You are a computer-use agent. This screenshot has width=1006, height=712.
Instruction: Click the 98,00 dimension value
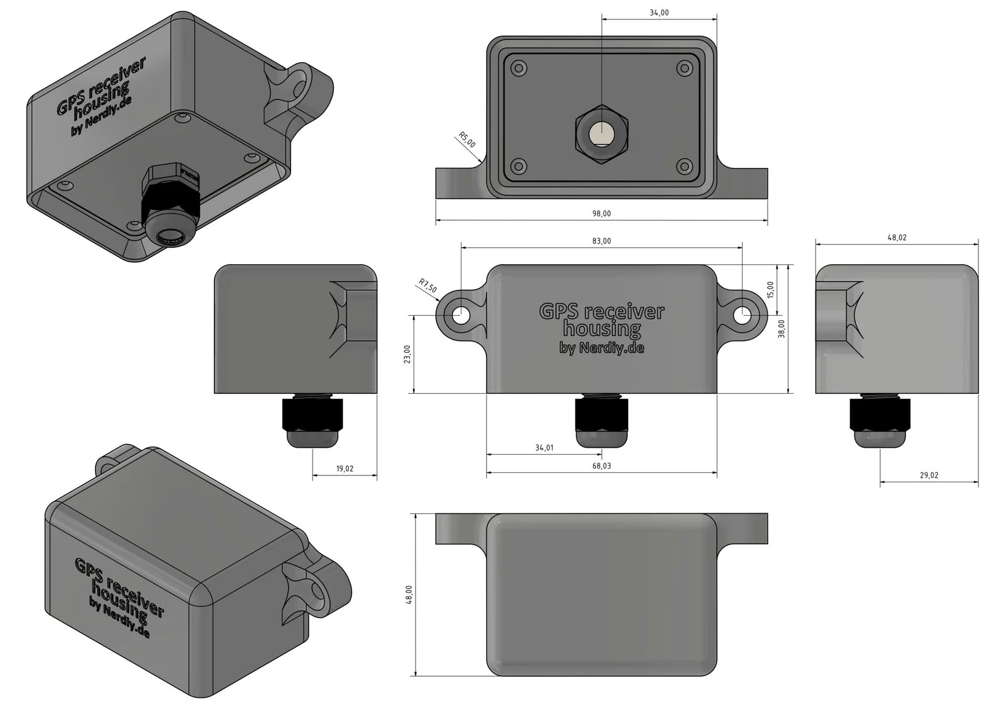click(x=601, y=214)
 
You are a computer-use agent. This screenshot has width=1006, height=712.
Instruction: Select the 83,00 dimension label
click(x=601, y=241)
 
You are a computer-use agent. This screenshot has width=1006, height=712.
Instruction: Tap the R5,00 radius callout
click(x=467, y=140)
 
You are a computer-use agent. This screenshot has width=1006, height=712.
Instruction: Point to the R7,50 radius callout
click(x=428, y=286)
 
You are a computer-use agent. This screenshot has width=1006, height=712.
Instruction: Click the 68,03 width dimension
click(x=601, y=466)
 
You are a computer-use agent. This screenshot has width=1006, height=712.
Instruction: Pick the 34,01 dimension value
click(x=544, y=448)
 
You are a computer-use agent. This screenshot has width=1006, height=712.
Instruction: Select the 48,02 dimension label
click(x=897, y=238)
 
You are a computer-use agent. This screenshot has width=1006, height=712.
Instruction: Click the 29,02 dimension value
click(x=929, y=476)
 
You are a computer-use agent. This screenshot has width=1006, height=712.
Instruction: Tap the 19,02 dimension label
click(x=345, y=469)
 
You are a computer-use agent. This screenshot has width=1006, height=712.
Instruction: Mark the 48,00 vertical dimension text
click(x=409, y=594)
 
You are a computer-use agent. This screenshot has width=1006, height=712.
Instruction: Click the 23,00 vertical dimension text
click(x=407, y=354)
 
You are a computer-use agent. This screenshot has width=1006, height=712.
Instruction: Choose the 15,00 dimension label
click(x=770, y=290)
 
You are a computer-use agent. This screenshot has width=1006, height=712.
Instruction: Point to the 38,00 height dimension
click(x=782, y=328)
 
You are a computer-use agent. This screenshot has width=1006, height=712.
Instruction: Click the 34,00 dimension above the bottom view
click(x=659, y=13)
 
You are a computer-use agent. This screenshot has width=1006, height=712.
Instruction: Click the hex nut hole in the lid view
click(x=602, y=134)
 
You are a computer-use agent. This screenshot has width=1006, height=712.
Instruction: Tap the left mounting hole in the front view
click(x=461, y=315)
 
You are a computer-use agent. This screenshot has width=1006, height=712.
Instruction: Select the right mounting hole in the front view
click(x=743, y=315)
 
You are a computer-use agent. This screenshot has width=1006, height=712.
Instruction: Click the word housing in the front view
click(x=602, y=328)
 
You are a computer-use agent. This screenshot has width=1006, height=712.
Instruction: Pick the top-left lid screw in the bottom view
click(x=518, y=68)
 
